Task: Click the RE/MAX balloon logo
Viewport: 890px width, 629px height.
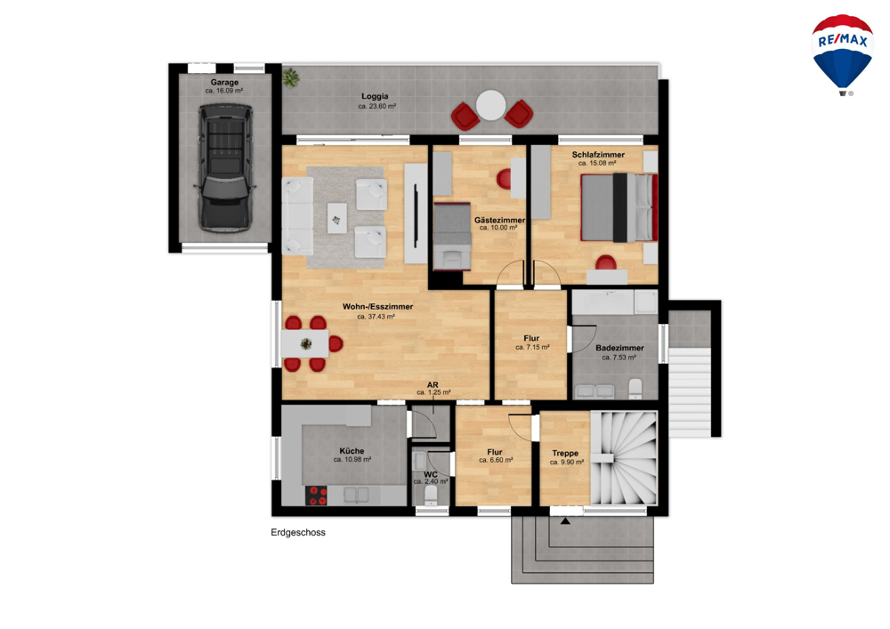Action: coord(842,55)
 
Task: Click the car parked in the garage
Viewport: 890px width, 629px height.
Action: coord(225,167)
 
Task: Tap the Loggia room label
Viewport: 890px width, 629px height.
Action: coord(375,96)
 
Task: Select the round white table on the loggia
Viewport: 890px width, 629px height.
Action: coord(490,105)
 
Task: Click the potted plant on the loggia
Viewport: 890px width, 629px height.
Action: coord(291,77)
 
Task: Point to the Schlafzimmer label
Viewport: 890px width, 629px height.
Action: coord(598,154)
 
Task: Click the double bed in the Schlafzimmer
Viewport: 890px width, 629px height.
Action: coord(619,207)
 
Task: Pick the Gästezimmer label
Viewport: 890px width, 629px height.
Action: coord(499,220)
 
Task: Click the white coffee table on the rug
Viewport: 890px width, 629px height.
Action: coord(337,218)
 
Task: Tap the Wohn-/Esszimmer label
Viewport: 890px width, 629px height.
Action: coord(377,307)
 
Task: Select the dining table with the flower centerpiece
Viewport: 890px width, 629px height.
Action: coord(304,343)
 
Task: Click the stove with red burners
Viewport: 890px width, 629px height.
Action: coord(316,496)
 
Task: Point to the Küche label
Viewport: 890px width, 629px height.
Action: coord(352,451)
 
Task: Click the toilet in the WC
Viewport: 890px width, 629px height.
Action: coord(432,494)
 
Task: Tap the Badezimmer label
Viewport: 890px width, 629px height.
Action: coord(619,348)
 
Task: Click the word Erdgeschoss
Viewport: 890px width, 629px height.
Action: coord(298,533)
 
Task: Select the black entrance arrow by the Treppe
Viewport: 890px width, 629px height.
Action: coord(565,520)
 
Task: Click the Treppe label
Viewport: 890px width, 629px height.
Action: coord(565,453)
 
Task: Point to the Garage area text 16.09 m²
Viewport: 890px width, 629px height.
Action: coord(224,91)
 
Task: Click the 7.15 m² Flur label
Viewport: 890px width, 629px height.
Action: coord(532,347)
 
